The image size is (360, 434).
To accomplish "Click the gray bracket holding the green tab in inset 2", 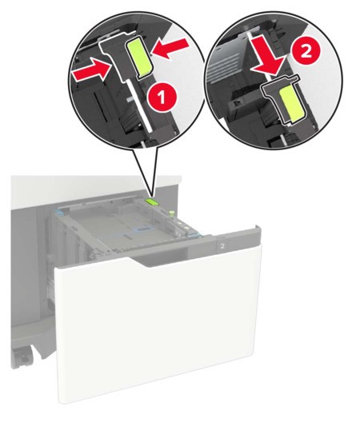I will [x=272, y=84].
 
